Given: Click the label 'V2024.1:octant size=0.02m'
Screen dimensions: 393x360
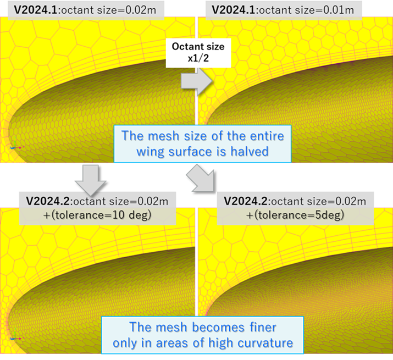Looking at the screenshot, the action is pyautogui.click(x=85, y=10).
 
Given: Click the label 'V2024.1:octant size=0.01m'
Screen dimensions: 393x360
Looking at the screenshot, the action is pyautogui.click(x=283, y=10).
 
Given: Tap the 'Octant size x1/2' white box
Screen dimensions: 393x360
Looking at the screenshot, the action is pyautogui.click(x=198, y=53).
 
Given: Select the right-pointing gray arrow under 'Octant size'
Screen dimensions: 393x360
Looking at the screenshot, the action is pyautogui.click(x=197, y=81).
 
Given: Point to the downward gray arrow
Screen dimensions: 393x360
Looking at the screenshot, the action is pyautogui.click(x=91, y=180).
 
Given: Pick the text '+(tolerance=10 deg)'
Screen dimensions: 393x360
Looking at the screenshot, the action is pyautogui.click(x=97, y=215).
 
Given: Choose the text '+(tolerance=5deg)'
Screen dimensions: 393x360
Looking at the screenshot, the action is pyautogui.click(x=295, y=215).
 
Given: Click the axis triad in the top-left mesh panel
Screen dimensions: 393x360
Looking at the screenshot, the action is pyautogui.click(x=16, y=146).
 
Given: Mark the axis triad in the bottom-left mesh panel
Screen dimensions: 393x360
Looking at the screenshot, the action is pyautogui.click(x=16, y=336).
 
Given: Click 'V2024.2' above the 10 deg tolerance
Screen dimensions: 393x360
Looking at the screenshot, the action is pyautogui.click(x=48, y=201).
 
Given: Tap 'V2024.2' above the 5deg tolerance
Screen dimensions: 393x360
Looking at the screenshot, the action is pyautogui.click(x=246, y=201).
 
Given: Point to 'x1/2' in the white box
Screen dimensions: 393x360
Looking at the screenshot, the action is pyautogui.click(x=198, y=58).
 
